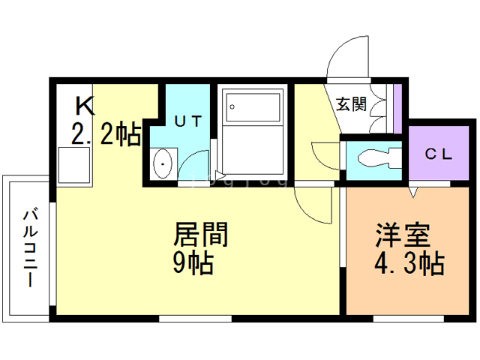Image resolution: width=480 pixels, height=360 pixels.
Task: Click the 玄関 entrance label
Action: (350, 103)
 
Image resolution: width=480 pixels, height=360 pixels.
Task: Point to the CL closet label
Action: (439, 155)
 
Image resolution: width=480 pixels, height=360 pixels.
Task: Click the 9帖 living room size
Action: (193, 263)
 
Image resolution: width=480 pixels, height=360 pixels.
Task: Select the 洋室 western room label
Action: (402, 235)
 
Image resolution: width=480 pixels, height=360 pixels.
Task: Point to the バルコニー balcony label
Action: (29, 247)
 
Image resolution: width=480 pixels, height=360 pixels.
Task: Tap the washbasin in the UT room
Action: (162, 162)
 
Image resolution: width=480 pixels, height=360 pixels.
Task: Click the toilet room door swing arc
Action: (325, 156)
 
